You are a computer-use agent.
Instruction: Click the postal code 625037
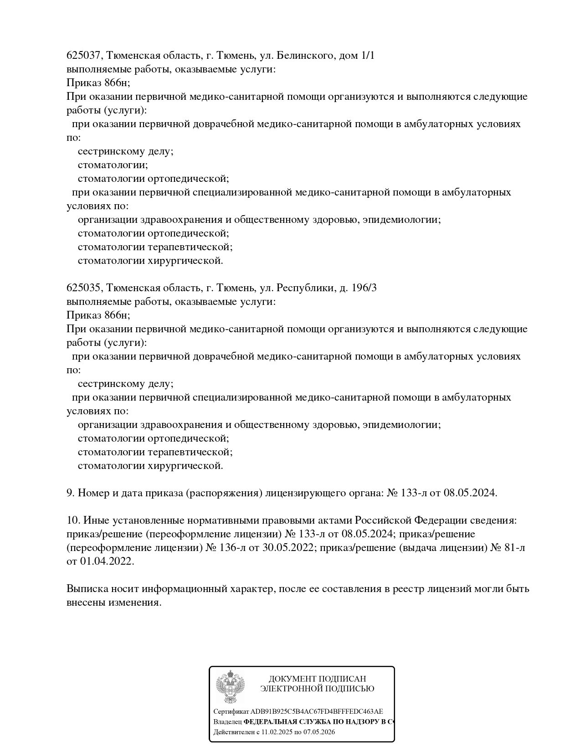[x=84, y=56]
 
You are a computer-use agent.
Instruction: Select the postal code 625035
[x=84, y=288]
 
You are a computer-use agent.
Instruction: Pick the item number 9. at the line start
[x=71, y=493]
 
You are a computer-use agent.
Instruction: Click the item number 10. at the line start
[x=73, y=520]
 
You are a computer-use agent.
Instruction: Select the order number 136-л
[x=232, y=548]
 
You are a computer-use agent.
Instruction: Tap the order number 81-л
[x=515, y=548]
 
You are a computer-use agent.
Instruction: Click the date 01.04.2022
[x=107, y=561]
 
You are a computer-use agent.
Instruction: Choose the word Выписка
[x=87, y=589]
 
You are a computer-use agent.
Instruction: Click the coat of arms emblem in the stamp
[x=230, y=686]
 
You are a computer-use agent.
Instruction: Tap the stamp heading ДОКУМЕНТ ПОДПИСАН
[x=317, y=679]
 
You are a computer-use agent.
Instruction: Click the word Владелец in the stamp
[x=227, y=722]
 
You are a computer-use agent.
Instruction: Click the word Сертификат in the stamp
[x=231, y=711]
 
